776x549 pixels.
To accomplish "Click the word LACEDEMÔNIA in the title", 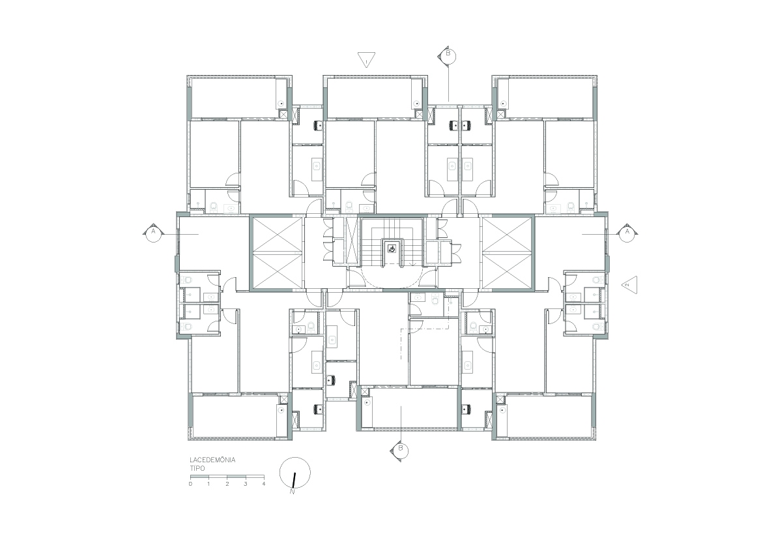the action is coord(212,460).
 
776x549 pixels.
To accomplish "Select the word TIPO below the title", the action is coord(197,468).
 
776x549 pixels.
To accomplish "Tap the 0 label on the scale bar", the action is coord(190,484).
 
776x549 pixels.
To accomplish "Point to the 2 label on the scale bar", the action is coord(227,484).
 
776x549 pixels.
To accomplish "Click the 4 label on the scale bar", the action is coord(264,484).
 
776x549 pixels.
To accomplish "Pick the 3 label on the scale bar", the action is coord(246,484).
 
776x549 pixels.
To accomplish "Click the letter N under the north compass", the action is coord(293,492).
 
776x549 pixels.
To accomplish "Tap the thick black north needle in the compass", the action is coord(294,481).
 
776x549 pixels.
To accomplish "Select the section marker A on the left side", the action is coord(153,231).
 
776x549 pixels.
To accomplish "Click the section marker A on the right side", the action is coord(627,231).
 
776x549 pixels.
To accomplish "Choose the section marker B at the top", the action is coord(448,54).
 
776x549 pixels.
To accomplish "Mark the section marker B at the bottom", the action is coord(400,449).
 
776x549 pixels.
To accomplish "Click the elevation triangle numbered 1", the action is coord(367,59).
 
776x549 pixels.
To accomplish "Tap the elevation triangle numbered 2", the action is coord(630,285).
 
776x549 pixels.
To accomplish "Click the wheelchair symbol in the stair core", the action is coord(392,248).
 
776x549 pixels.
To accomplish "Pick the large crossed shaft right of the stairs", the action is coord(508,252).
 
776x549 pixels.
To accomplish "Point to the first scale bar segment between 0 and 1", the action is coord(200,477).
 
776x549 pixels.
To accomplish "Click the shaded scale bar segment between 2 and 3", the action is coord(236,477).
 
